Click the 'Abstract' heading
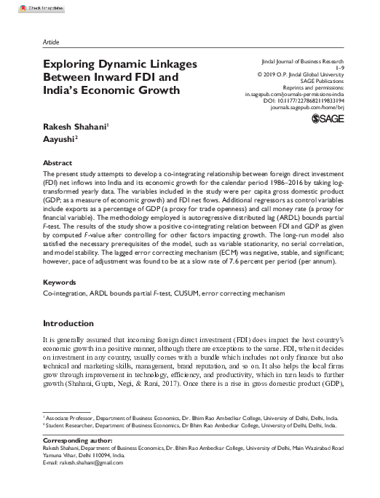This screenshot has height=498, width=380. (x=58, y=163)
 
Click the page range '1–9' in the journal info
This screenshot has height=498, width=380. (x=331, y=71)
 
